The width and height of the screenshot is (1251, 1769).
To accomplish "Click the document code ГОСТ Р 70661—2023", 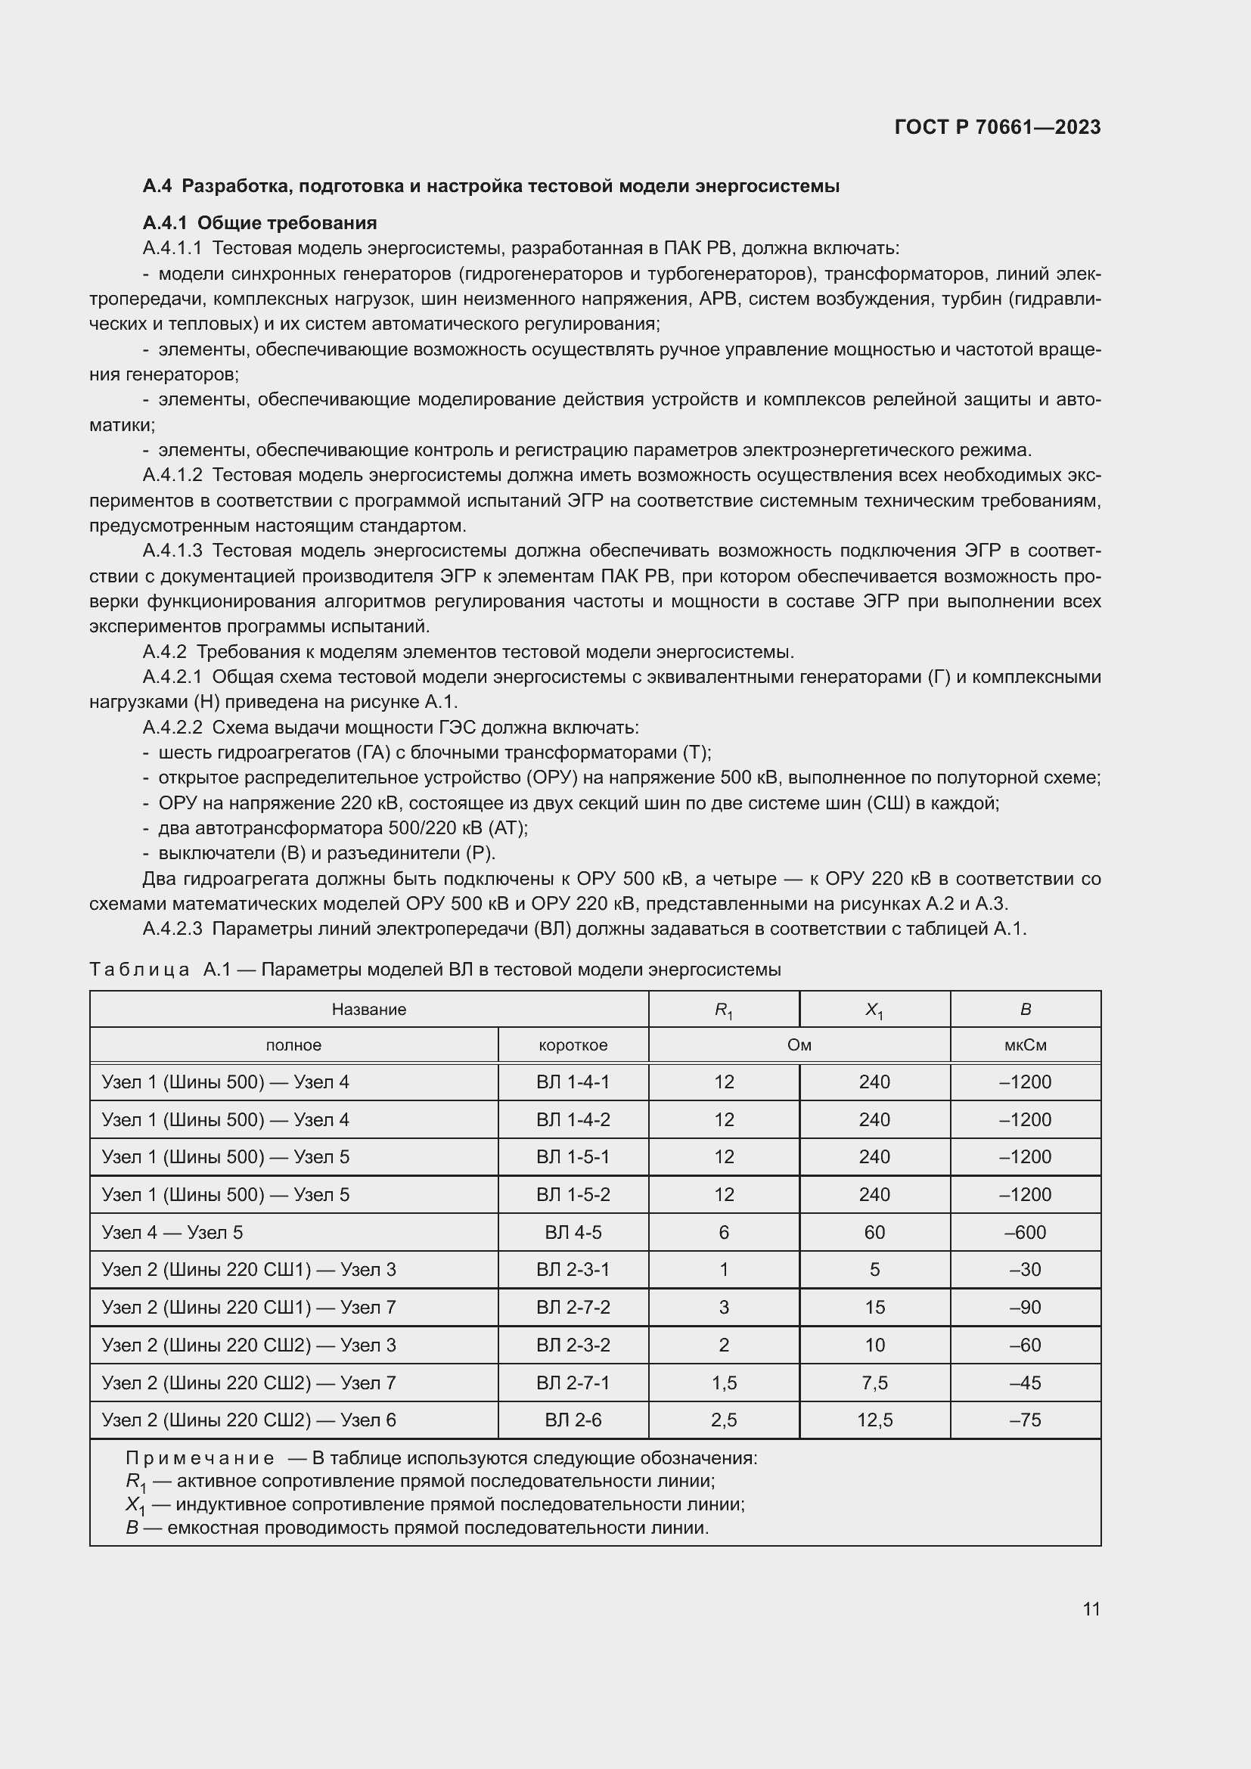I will [997, 127].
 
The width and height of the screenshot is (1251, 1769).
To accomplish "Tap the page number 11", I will [1091, 1609].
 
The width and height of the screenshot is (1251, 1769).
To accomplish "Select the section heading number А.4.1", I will [165, 223].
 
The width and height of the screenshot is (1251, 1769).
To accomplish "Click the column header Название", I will [368, 1010].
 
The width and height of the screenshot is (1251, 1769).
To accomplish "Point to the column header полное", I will [293, 1045].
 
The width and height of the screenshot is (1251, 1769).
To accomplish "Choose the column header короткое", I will [573, 1045].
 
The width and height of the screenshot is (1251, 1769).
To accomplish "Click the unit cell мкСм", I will [1025, 1045].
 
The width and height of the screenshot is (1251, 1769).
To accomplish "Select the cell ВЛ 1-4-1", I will [573, 1082].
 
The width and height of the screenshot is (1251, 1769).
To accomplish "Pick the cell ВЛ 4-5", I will [573, 1232].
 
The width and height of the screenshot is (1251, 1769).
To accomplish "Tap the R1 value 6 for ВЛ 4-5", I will [723, 1232].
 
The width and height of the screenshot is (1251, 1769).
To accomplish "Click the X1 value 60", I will [874, 1232].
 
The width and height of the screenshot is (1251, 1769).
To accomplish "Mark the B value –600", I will [1025, 1232].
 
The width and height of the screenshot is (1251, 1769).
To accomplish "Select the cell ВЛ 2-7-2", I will [573, 1308].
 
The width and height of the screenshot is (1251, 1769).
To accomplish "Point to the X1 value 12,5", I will [874, 1420].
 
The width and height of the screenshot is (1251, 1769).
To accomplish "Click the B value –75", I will [1025, 1420].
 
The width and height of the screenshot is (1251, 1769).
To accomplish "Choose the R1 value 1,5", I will [723, 1383].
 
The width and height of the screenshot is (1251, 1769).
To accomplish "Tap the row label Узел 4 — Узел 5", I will [172, 1232].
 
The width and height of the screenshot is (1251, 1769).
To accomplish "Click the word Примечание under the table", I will [200, 1458].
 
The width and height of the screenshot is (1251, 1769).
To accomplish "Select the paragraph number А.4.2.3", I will [172, 930].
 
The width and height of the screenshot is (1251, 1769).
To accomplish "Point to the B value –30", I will [1025, 1270].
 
